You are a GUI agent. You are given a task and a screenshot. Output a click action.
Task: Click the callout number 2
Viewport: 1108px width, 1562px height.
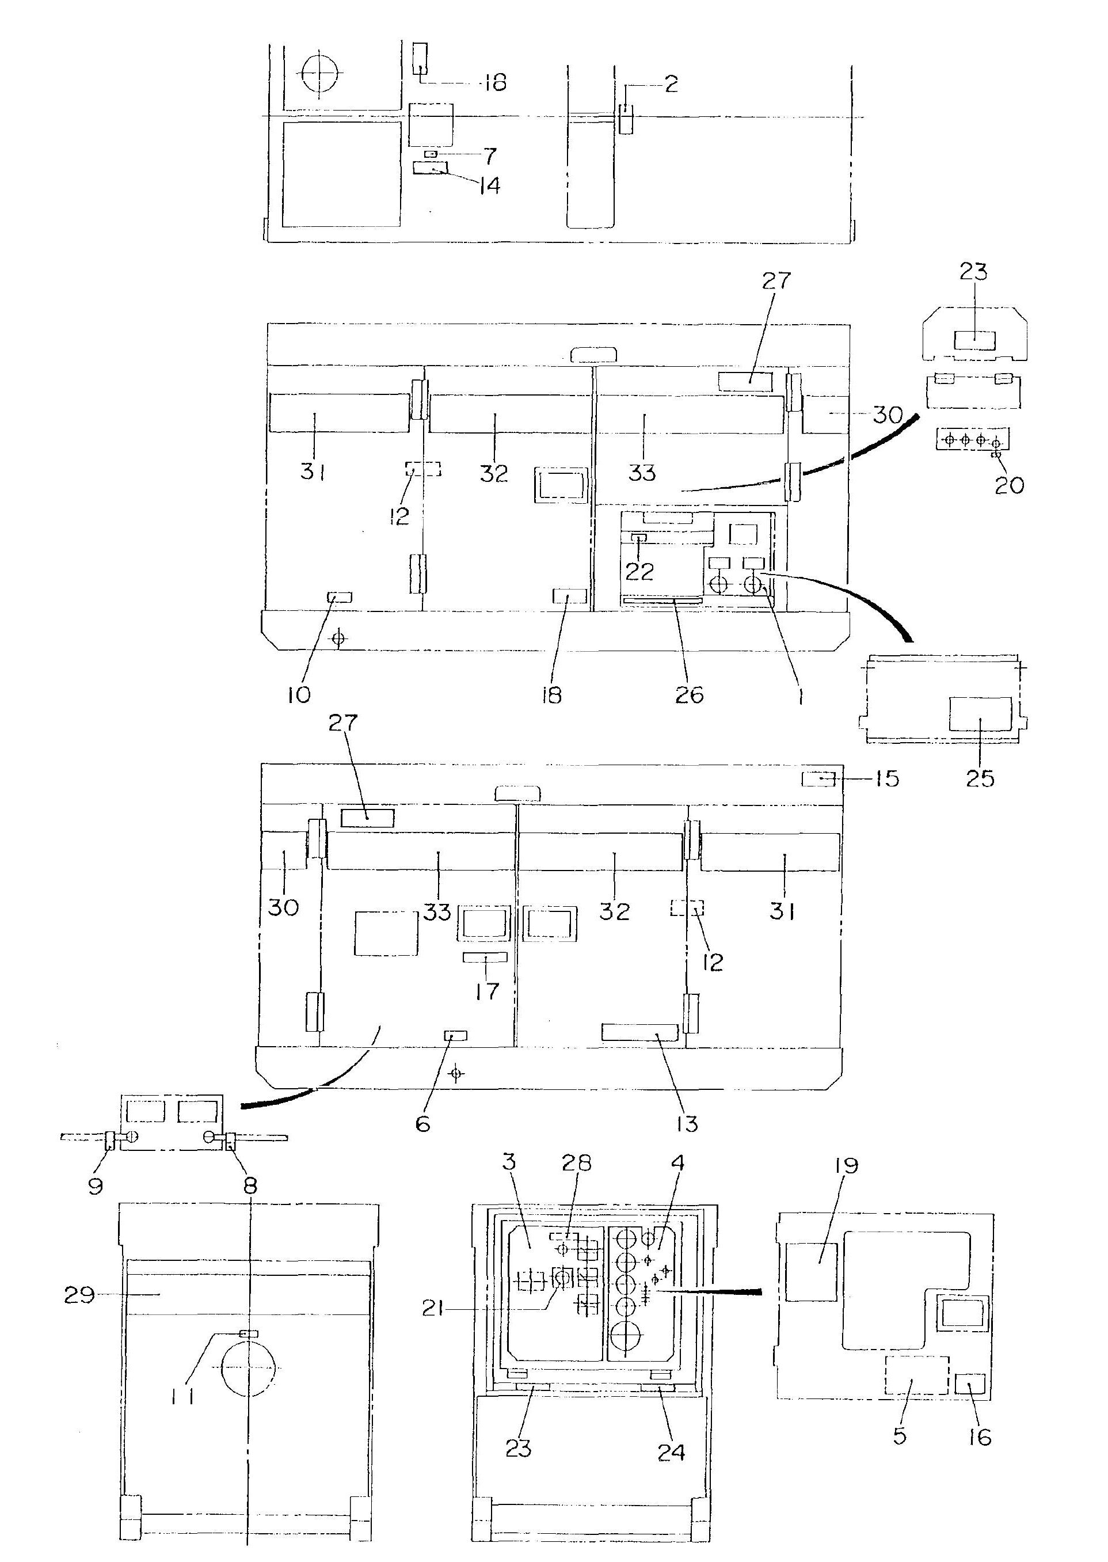click(x=671, y=84)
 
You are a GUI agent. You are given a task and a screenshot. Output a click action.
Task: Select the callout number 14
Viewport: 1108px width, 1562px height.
click(x=489, y=185)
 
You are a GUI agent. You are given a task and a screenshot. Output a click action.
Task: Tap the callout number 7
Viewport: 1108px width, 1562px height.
click(x=490, y=155)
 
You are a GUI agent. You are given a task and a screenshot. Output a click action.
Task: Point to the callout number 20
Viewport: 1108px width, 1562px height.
click(x=1010, y=485)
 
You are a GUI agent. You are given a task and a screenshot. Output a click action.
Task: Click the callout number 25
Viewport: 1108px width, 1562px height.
click(x=980, y=778)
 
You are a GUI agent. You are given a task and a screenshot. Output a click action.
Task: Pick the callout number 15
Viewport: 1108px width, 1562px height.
click(x=887, y=778)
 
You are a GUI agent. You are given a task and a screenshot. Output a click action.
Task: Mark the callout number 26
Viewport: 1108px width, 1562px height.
click(x=689, y=696)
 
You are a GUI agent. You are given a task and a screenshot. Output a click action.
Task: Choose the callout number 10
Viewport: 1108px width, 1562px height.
click(x=299, y=695)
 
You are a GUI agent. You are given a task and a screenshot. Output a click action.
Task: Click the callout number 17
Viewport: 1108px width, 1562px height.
click(x=487, y=991)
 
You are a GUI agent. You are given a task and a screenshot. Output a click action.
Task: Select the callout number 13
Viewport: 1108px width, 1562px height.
click(x=687, y=1124)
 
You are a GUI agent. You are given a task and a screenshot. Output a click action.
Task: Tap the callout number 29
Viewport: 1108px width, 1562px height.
click(x=79, y=1294)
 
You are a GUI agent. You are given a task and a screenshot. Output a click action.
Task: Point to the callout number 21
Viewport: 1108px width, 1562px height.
click(x=433, y=1309)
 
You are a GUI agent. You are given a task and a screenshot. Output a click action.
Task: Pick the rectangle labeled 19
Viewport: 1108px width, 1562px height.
click(x=811, y=1271)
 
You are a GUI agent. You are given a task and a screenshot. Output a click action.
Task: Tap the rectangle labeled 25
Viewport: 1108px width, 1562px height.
click(x=980, y=715)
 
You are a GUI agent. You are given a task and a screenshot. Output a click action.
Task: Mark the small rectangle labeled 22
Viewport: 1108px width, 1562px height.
click(x=639, y=538)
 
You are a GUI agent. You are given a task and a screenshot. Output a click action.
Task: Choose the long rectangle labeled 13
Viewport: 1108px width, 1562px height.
click(x=639, y=1031)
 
